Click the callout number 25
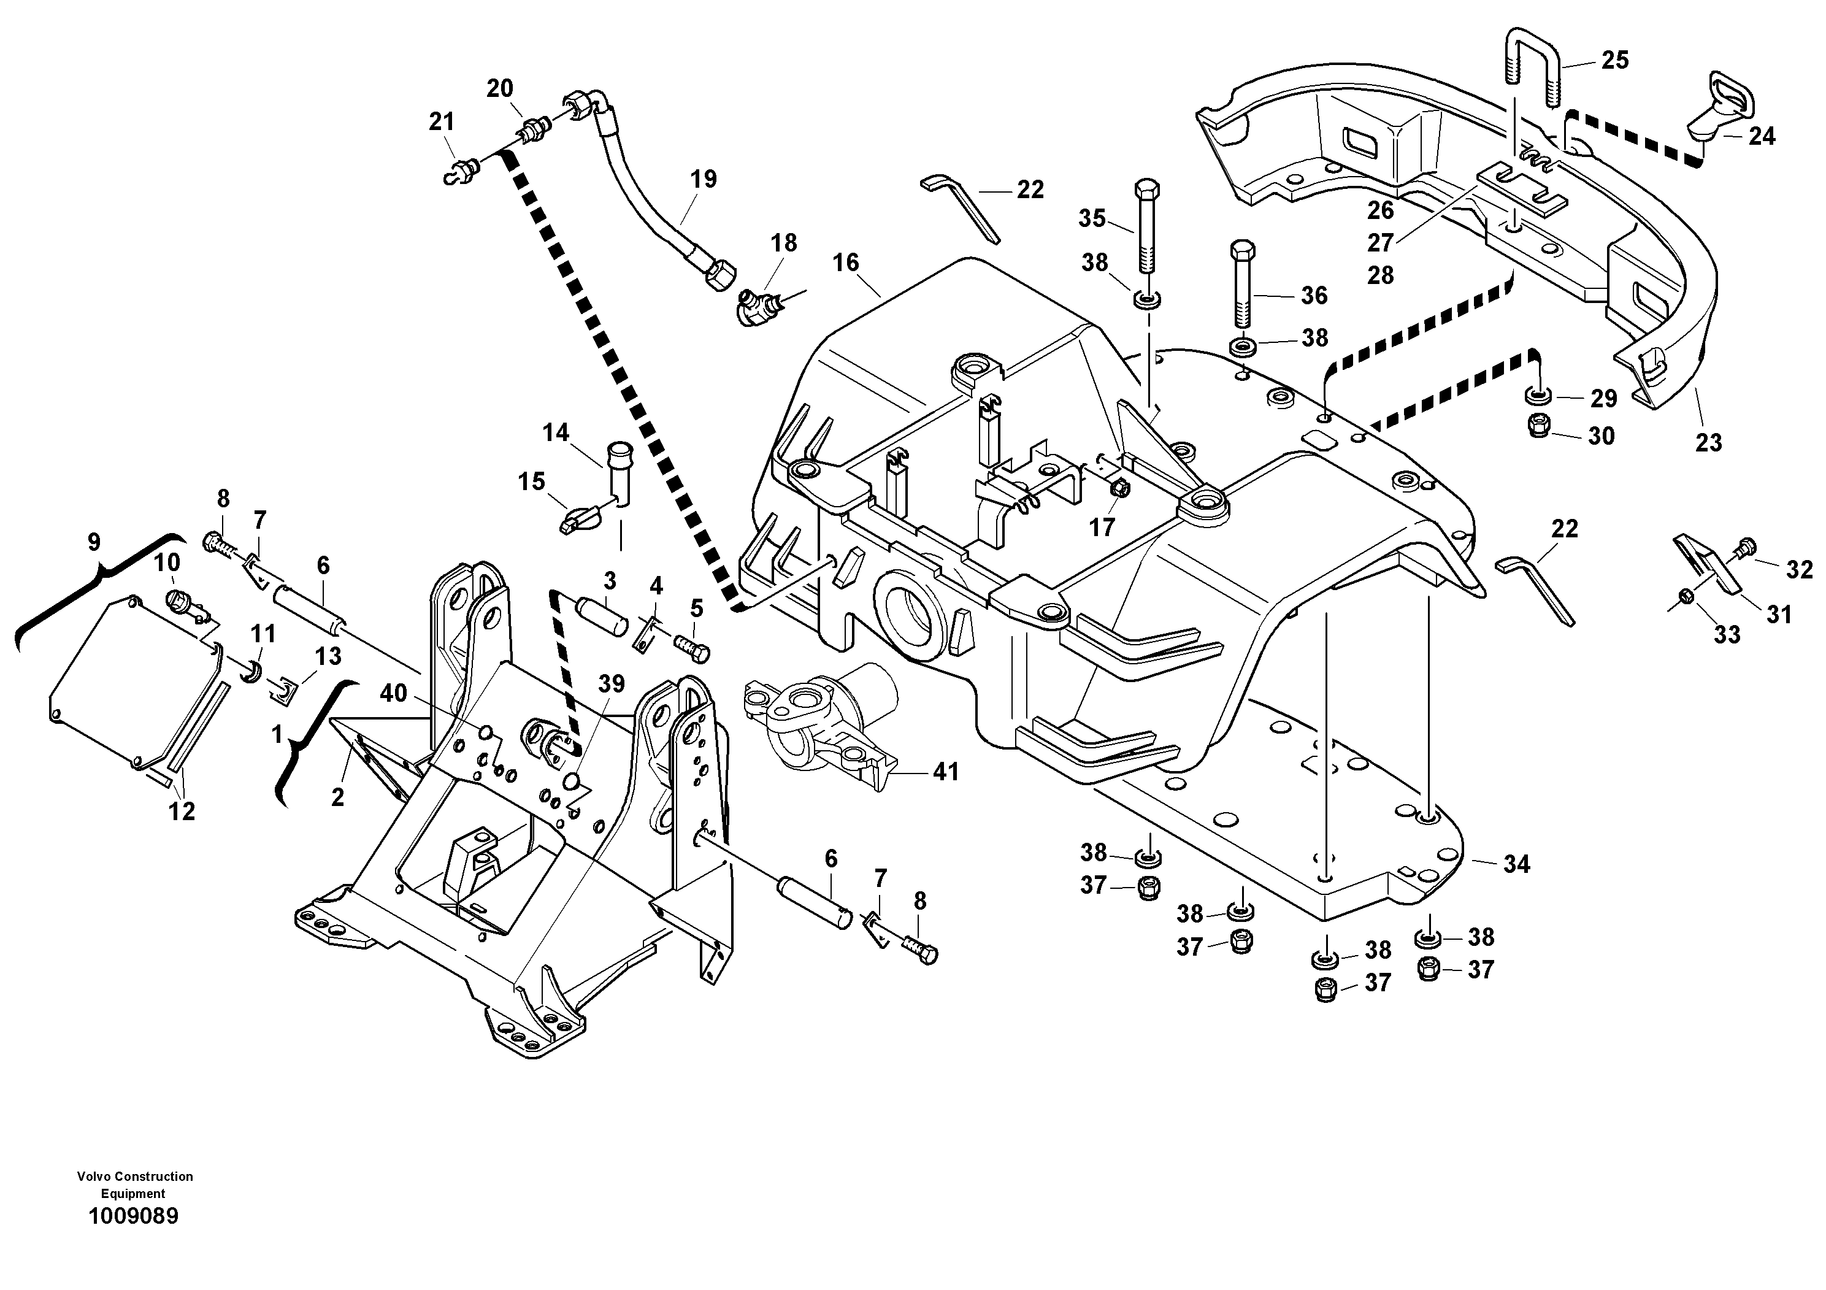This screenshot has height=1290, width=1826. pos(1614,61)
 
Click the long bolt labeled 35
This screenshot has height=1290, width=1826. pos(1148,225)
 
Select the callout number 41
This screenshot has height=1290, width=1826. pos(946,772)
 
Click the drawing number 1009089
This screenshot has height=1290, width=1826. pos(134,1216)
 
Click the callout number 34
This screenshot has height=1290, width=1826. pos(1517,864)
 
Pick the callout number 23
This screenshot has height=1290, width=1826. pos(1708,442)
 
